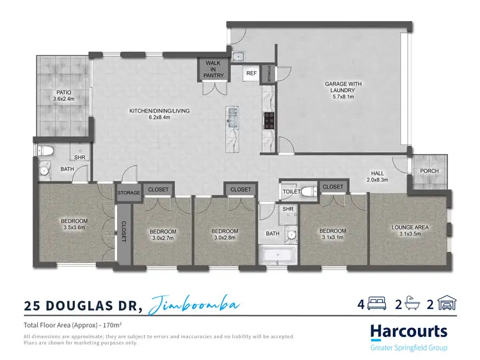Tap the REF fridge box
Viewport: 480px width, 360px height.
click(252, 74)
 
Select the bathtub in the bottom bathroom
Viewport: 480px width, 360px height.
click(278, 257)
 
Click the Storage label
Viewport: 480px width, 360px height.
click(129, 192)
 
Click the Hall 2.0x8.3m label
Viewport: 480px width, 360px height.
click(382, 176)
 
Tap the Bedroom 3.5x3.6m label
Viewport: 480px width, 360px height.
click(74, 224)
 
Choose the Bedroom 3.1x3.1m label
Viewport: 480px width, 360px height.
click(333, 234)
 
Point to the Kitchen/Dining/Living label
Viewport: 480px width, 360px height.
click(159, 114)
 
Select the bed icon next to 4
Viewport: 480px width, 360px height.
click(378, 304)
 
